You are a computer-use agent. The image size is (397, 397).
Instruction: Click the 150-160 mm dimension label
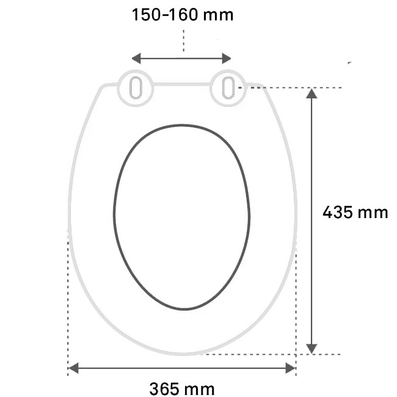click(x=183, y=15)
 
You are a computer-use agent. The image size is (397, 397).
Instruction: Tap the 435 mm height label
click(x=355, y=212)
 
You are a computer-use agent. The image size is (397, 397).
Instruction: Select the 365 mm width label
click(x=182, y=388)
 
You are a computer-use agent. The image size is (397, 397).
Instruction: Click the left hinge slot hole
click(x=136, y=87)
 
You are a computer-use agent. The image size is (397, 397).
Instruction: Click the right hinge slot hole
click(x=228, y=88)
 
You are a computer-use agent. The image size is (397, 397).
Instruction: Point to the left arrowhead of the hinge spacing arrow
click(x=136, y=59)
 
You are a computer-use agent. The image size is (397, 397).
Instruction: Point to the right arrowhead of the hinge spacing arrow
click(x=227, y=59)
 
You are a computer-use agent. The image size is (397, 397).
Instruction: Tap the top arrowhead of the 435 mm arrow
click(x=311, y=93)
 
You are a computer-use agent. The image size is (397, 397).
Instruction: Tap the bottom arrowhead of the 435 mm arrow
click(x=311, y=349)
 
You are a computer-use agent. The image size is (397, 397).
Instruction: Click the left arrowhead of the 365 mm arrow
click(x=73, y=368)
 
